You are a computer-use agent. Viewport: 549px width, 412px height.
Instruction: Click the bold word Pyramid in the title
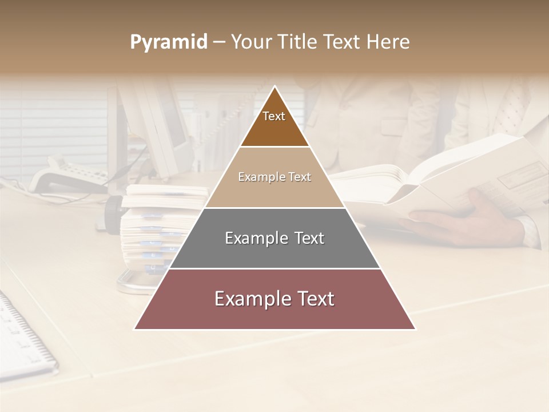[169, 42]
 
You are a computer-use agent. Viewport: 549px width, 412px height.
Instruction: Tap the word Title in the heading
[299, 42]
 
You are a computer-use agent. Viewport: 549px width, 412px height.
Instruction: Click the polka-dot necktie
[512, 109]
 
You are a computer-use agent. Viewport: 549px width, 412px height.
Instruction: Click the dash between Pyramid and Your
[219, 42]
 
